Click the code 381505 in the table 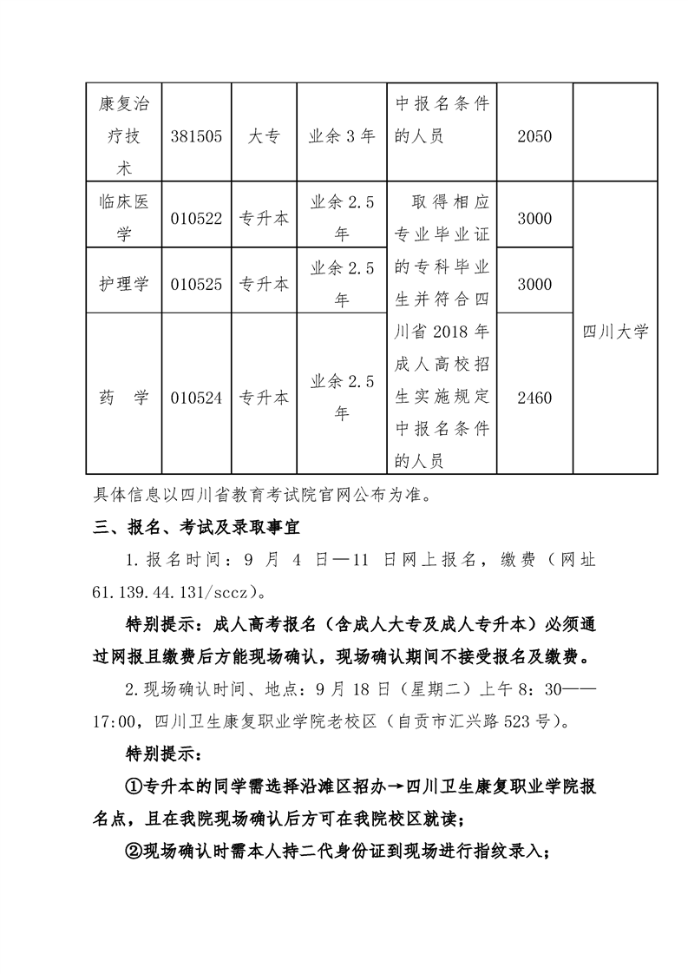tap(197, 136)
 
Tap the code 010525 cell tap(197, 284)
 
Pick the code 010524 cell tap(197, 398)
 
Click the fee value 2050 tap(534, 136)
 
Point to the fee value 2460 tap(534, 398)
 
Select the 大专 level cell tap(264, 136)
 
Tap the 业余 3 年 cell tap(342, 136)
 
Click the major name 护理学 tap(122, 284)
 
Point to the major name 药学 tap(122, 398)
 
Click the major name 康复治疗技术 tap(122, 136)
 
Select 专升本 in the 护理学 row tap(264, 284)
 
